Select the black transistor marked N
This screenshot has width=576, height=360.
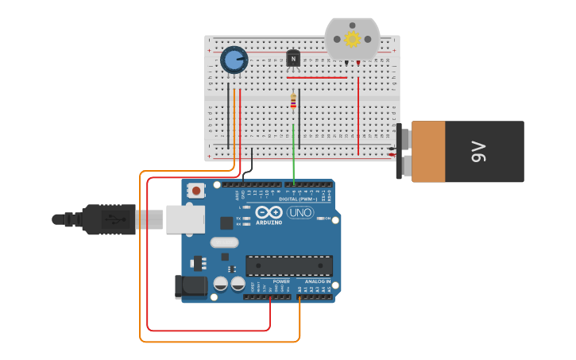click(293, 59)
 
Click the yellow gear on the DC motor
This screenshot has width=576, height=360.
click(352, 38)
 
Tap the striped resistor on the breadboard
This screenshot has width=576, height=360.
click(293, 101)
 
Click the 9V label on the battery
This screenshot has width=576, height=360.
click(477, 151)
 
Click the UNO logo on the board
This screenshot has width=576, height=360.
click(300, 212)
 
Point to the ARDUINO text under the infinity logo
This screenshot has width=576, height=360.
click(269, 223)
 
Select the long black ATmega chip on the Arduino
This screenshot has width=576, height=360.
click(289, 265)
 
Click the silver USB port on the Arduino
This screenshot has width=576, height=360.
click(185, 219)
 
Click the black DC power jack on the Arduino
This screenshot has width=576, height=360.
click(191, 287)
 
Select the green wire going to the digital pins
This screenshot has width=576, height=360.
click(293, 155)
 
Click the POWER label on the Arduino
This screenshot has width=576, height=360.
click(281, 281)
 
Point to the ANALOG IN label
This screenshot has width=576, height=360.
click(317, 281)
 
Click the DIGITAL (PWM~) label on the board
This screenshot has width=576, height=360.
click(293, 199)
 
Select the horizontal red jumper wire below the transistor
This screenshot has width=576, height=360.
click(317, 78)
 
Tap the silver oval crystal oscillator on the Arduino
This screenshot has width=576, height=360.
click(224, 242)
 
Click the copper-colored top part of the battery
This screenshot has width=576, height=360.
click(428, 151)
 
